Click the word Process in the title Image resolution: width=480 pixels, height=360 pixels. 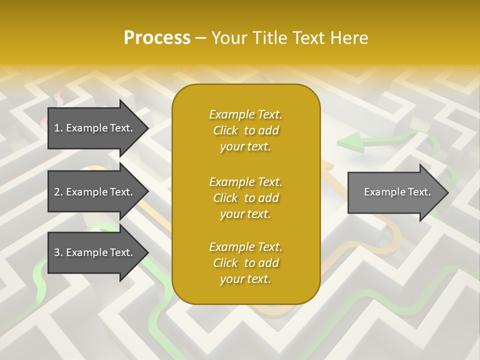click(x=157, y=37)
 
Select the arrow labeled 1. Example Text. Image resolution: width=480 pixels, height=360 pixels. click(x=95, y=128)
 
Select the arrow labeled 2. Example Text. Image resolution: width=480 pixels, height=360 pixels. click(x=95, y=192)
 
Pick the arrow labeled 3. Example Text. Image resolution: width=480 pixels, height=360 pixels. click(x=95, y=252)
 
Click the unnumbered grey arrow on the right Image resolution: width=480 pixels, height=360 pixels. click(x=395, y=192)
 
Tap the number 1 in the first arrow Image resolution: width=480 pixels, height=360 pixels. click(x=57, y=128)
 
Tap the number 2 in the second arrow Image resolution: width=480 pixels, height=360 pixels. click(x=57, y=192)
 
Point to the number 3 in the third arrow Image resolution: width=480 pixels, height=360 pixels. click(x=57, y=252)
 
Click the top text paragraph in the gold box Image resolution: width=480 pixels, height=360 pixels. click(x=245, y=130)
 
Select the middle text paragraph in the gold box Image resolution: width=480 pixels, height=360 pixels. click(x=245, y=197)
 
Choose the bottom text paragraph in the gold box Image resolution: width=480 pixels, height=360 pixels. click(x=245, y=263)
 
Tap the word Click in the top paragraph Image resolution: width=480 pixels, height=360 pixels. click(x=225, y=131)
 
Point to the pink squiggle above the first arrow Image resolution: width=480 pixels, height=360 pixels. click(x=61, y=96)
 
